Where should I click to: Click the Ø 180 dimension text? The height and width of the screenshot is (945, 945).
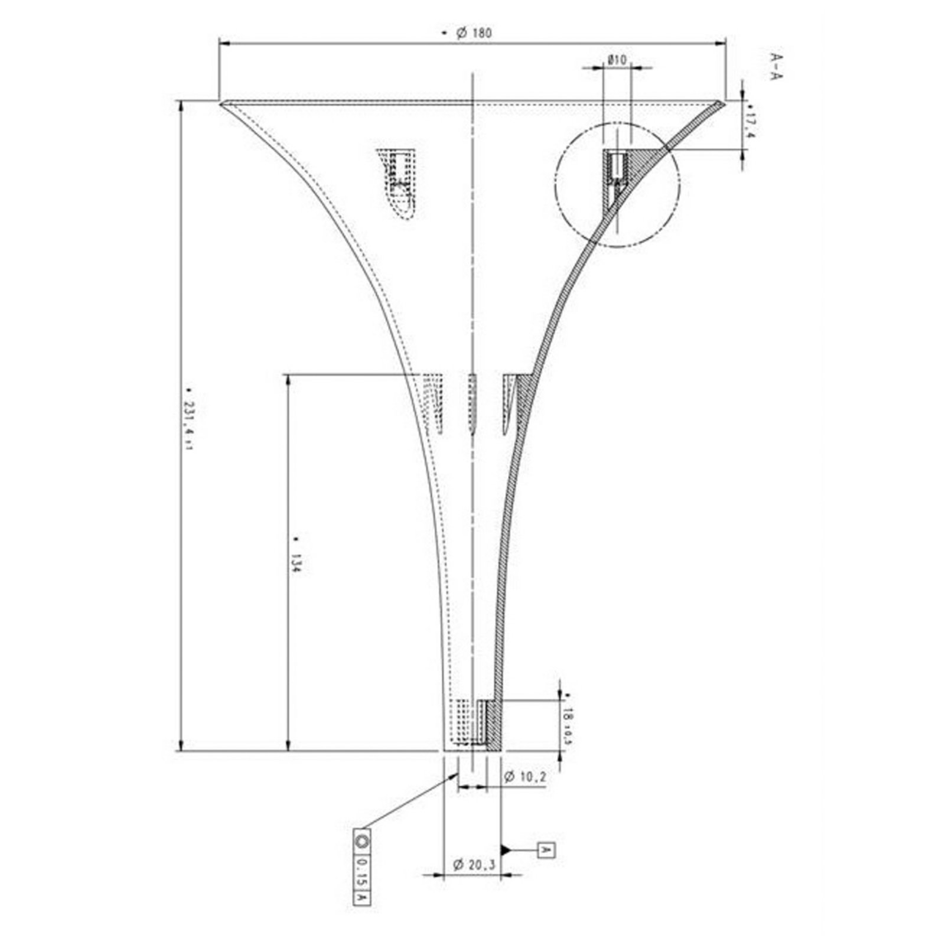(473, 34)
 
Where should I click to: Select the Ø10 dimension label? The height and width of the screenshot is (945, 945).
(617, 60)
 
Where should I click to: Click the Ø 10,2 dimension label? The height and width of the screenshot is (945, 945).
(524, 777)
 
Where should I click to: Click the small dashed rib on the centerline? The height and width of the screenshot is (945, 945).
(472, 404)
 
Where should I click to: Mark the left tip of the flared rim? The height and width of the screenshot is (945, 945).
(222, 104)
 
